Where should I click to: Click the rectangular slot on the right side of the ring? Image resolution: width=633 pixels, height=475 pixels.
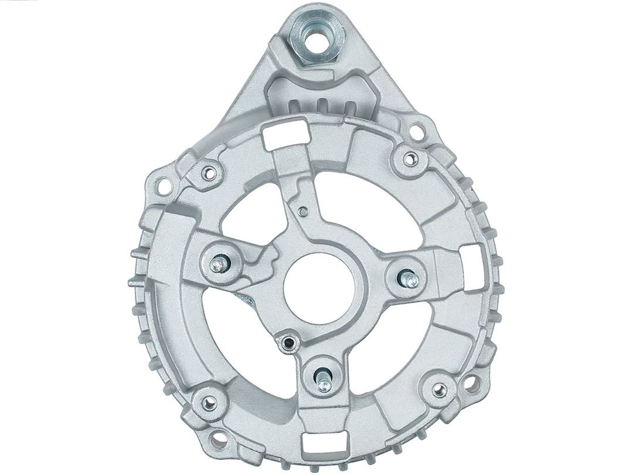(472, 258)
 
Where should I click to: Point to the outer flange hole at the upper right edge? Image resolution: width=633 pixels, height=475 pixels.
(418, 125)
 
